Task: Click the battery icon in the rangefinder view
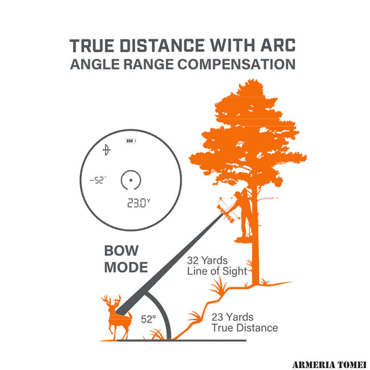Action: tap(131, 141)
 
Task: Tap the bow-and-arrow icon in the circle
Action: tap(107, 150)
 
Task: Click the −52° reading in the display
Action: tap(98, 180)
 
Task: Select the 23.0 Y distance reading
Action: tap(138, 203)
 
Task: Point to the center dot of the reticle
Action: tap(131, 180)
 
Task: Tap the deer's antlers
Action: tap(111, 300)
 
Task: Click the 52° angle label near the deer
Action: tap(148, 319)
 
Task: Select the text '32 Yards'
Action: tap(207, 260)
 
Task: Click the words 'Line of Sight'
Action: tap(217, 271)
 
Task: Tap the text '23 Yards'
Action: tap(233, 317)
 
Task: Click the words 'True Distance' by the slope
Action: tap(245, 328)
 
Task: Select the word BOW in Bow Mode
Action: tap(121, 251)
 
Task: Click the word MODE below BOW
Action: tap(126, 267)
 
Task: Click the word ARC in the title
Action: tap(278, 45)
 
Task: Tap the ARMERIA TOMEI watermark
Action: tap(329, 364)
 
